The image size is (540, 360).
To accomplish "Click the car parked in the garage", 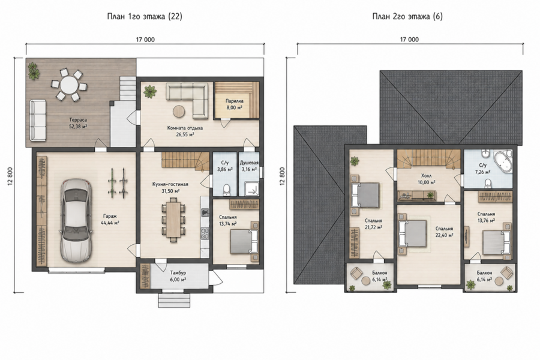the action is tap(76, 220).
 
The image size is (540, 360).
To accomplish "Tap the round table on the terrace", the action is tap(69, 85).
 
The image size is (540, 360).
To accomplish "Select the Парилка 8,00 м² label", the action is tap(234, 104).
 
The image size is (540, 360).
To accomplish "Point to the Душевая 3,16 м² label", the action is tap(249, 166).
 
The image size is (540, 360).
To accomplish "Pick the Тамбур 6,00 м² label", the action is tap(178, 276).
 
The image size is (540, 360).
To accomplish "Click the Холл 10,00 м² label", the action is tap(426, 179).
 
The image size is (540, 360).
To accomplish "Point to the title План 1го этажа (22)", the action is tap(145, 16).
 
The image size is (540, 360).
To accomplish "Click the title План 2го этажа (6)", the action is tap(407, 16).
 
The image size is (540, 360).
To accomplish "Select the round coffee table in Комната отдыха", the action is tap(179, 111).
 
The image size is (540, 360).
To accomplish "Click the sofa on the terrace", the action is tap(38, 120).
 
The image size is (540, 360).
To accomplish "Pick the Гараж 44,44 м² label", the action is tap(110, 219).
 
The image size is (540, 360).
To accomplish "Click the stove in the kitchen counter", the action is tap(205, 233).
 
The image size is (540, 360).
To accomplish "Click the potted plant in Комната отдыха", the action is tap(150, 92).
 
